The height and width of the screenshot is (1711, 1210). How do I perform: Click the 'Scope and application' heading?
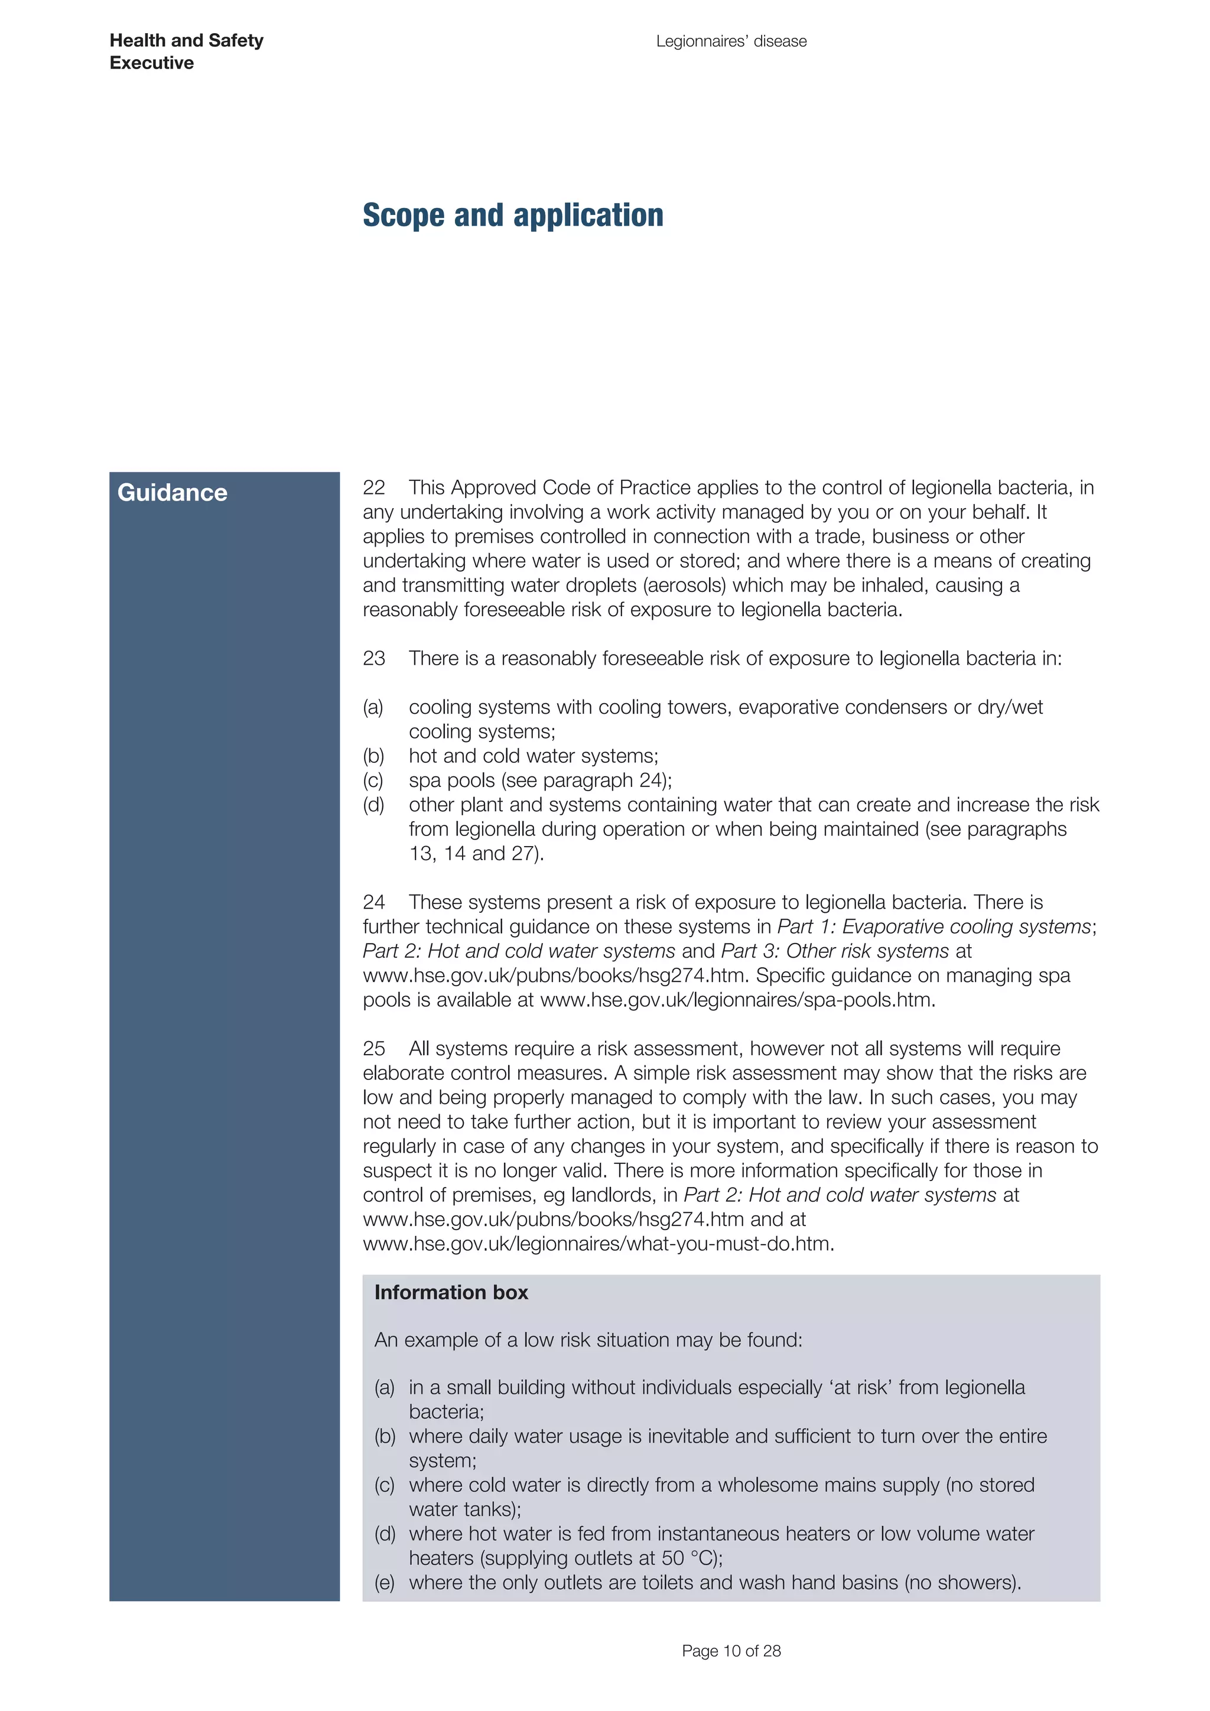tap(513, 216)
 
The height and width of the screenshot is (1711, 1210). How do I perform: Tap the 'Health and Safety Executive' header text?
tap(186, 51)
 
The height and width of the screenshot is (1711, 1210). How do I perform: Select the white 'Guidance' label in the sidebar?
tap(172, 493)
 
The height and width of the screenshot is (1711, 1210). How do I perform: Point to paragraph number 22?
tap(373, 487)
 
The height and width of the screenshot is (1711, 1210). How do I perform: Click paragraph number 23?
tap(373, 658)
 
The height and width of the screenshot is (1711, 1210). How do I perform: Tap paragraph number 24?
tap(373, 902)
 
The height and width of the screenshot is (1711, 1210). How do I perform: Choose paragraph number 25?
tap(373, 1049)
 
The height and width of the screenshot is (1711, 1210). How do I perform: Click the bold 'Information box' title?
tap(451, 1292)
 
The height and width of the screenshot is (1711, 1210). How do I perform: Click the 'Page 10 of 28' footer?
tap(731, 1651)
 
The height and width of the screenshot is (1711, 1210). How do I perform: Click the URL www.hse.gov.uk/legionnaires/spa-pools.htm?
tap(736, 999)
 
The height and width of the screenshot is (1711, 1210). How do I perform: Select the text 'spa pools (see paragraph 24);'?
tap(540, 780)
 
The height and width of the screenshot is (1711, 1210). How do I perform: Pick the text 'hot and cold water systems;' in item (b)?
tap(534, 756)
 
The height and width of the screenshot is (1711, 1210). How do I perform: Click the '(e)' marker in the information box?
tap(385, 1582)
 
